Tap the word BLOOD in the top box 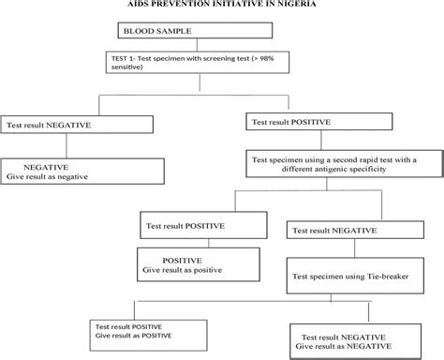(x=136, y=33)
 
